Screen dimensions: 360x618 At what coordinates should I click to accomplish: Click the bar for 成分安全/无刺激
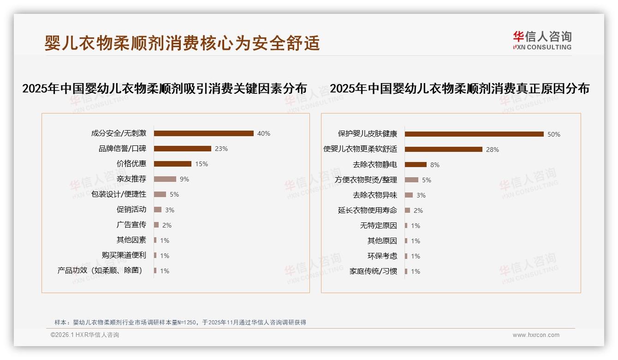pyautogui.click(x=203, y=133)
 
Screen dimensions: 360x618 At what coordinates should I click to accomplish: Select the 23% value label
pyautogui.click(x=221, y=149)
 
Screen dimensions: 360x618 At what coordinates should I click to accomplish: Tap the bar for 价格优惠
pyautogui.click(x=172, y=164)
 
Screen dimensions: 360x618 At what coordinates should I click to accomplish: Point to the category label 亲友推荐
pyautogui.click(x=131, y=179)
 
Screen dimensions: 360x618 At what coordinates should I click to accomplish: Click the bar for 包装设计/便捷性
pyautogui.click(x=160, y=194)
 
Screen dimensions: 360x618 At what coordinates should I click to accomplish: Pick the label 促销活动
pyautogui.click(x=131, y=210)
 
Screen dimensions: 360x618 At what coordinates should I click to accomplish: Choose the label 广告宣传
pyautogui.click(x=131, y=225)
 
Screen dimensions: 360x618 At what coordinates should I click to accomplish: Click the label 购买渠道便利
pyautogui.click(x=124, y=255)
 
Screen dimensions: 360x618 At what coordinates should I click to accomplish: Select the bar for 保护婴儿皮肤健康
pyautogui.click(x=474, y=134)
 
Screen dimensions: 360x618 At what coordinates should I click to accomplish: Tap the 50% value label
pyautogui.click(x=554, y=134)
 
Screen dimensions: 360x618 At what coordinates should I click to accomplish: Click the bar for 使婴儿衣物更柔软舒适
pyautogui.click(x=444, y=150)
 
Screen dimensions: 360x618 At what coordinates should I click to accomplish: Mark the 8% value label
pyautogui.click(x=434, y=165)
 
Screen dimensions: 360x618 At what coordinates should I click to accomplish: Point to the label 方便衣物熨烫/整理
pyautogui.click(x=366, y=180)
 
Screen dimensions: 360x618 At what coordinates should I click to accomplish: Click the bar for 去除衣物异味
pyautogui.click(x=409, y=195)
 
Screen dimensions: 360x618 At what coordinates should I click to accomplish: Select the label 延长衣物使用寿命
pyautogui.click(x=368, y=210)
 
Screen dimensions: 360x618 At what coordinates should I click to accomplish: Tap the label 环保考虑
pyautogui.click(x=382, y=256)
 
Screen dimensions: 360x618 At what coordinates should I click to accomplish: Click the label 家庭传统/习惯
pyautogui.click(x=374, y=271)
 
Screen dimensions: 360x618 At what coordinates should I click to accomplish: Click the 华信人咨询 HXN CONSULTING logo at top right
pyautogui.click(x=542, y=41)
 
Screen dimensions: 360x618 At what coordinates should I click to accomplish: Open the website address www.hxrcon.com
pyautogui.click(x=536, y=335)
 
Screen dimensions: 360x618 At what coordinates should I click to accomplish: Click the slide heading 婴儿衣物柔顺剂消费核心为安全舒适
pyautogui.click(x=182, y=43)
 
